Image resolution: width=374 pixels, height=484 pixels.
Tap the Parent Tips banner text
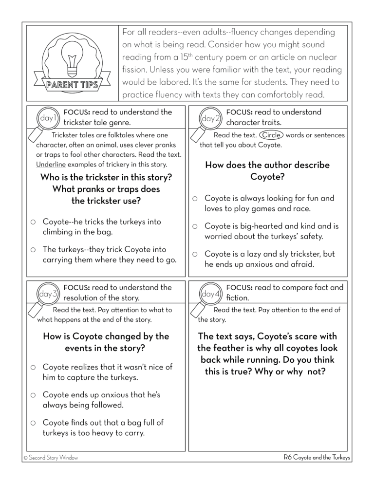[x=73, y=86]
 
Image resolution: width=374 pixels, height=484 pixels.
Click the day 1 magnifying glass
[x=47, y=120]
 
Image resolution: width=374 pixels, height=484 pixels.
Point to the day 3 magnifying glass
[x=47, y=296]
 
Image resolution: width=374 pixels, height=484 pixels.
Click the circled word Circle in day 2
[x=271, y=135]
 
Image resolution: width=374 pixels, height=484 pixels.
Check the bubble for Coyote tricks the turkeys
[x=33, y=222]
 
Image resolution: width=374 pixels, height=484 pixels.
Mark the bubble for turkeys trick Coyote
[x=33, y=250]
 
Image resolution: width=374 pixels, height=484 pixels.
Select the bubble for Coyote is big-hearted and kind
[x=195, y=226]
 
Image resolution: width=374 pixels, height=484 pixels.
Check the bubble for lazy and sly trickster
[x=195, y=254]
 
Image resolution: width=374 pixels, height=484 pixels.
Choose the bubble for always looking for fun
[x=195, y=199]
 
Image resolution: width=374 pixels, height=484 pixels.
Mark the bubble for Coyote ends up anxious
[x=33, y=395]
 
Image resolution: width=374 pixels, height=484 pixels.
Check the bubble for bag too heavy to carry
[x=33, y=423]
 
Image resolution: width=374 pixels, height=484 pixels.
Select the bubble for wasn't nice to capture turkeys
[x=33, y=367]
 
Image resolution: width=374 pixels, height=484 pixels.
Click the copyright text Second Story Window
[x=51, y=458]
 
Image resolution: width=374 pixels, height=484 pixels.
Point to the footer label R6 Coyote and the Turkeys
[x=317, y=458]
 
